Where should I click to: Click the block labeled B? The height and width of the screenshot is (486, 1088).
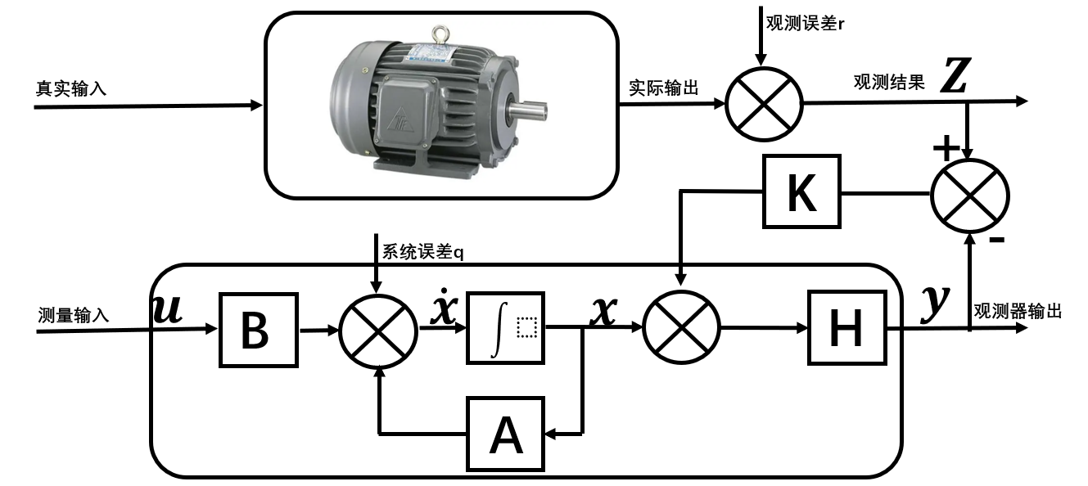(257, 330)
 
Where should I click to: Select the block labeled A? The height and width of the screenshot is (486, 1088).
(505, 434)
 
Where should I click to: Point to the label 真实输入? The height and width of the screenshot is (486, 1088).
(70, 88)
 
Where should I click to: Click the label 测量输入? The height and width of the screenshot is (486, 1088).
(73, 315)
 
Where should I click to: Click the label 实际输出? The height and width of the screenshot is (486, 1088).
(664, 88)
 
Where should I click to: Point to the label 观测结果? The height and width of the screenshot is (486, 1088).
(889, 82)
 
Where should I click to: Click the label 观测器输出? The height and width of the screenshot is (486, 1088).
(1018, 311)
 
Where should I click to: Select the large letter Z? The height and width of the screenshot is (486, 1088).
(955, 78)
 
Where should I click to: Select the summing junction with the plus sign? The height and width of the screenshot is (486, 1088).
(969, 195)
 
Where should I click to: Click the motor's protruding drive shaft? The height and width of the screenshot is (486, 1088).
(530, 108)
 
